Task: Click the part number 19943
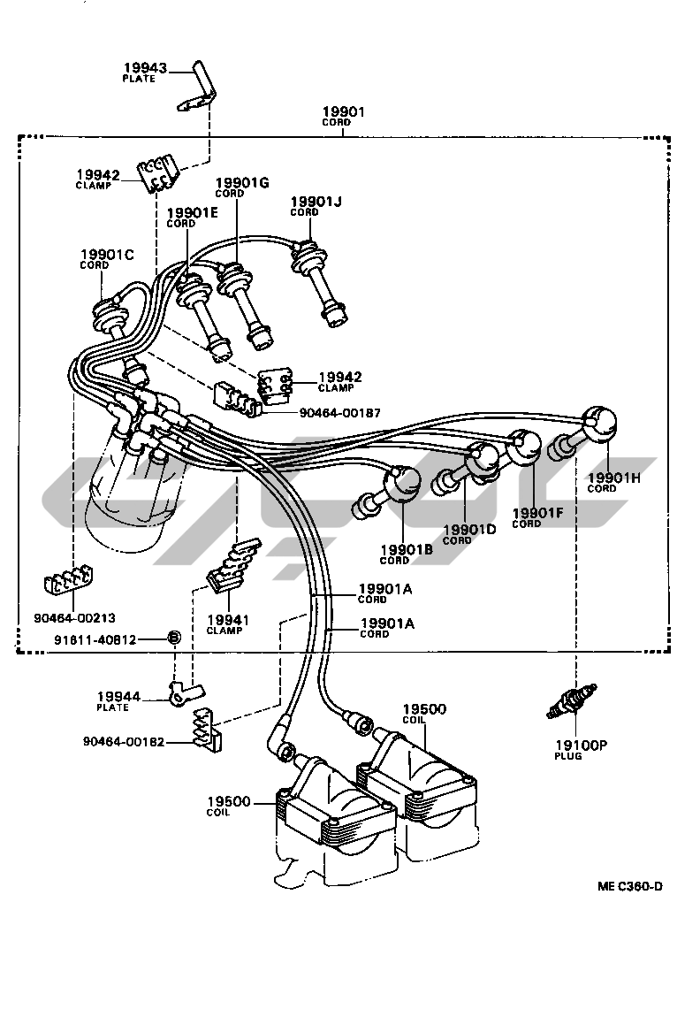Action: coord(144,67)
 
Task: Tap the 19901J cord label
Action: coord(316,203)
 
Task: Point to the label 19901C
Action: coord(106,255)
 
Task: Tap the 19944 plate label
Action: coord(119,697)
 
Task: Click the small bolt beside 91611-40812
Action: coord(173,638)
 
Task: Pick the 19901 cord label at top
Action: coord(343,112)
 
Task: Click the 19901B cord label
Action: coord(406,548)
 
